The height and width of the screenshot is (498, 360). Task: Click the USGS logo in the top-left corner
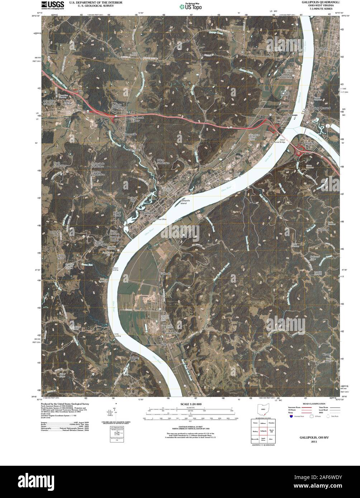[x=53, y=5]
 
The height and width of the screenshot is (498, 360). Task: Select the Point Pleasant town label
[x=321, y=107]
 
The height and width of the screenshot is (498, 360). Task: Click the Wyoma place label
[x=327, y=354]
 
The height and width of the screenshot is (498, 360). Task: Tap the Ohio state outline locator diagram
[x=263, y=410]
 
